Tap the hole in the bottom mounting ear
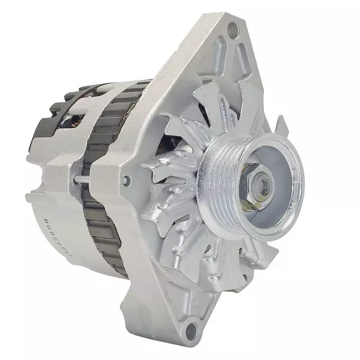pos(193,326)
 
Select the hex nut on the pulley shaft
pos(260,183)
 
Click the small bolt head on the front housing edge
pos(127,180)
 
